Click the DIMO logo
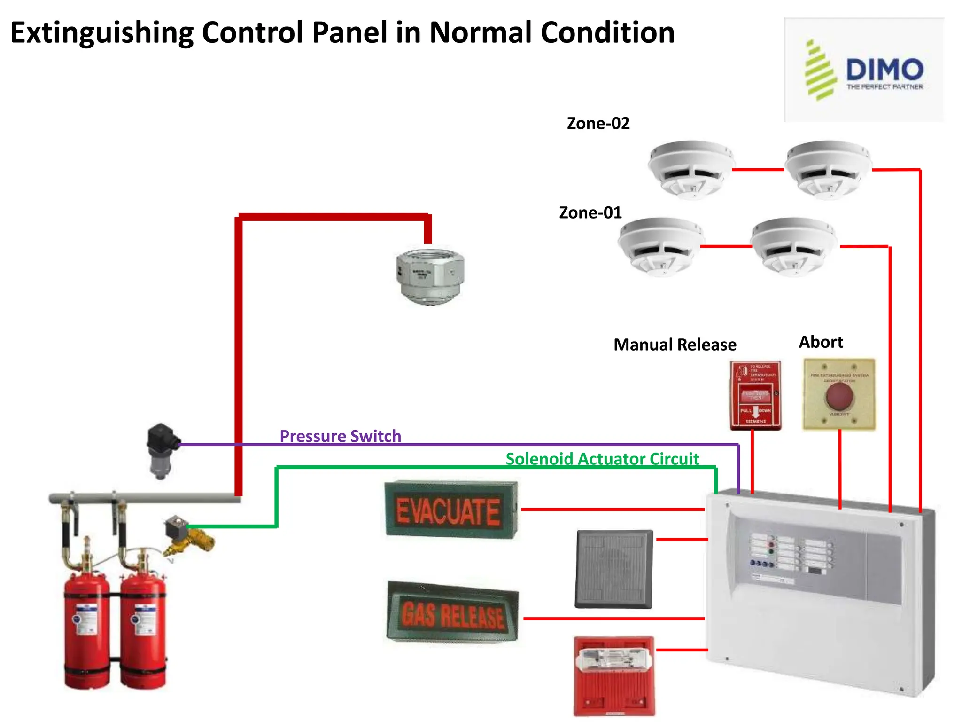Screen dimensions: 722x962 [864, 71]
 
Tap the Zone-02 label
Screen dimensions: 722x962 [598, 123]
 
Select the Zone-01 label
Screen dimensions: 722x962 [590, 212]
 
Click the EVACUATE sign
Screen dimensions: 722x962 [450, 510]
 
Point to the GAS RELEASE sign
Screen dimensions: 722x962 [452, 613]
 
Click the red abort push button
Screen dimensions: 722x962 [839, 396]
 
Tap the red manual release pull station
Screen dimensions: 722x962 [755, 395]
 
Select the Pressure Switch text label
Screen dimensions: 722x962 [340, 436]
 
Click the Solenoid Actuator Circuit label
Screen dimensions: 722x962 [602, 459]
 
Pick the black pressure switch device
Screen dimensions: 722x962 [162, 450]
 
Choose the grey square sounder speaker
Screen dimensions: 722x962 [614, 569]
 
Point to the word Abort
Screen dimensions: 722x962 [821, 342]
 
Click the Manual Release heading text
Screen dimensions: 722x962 [675, 345]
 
